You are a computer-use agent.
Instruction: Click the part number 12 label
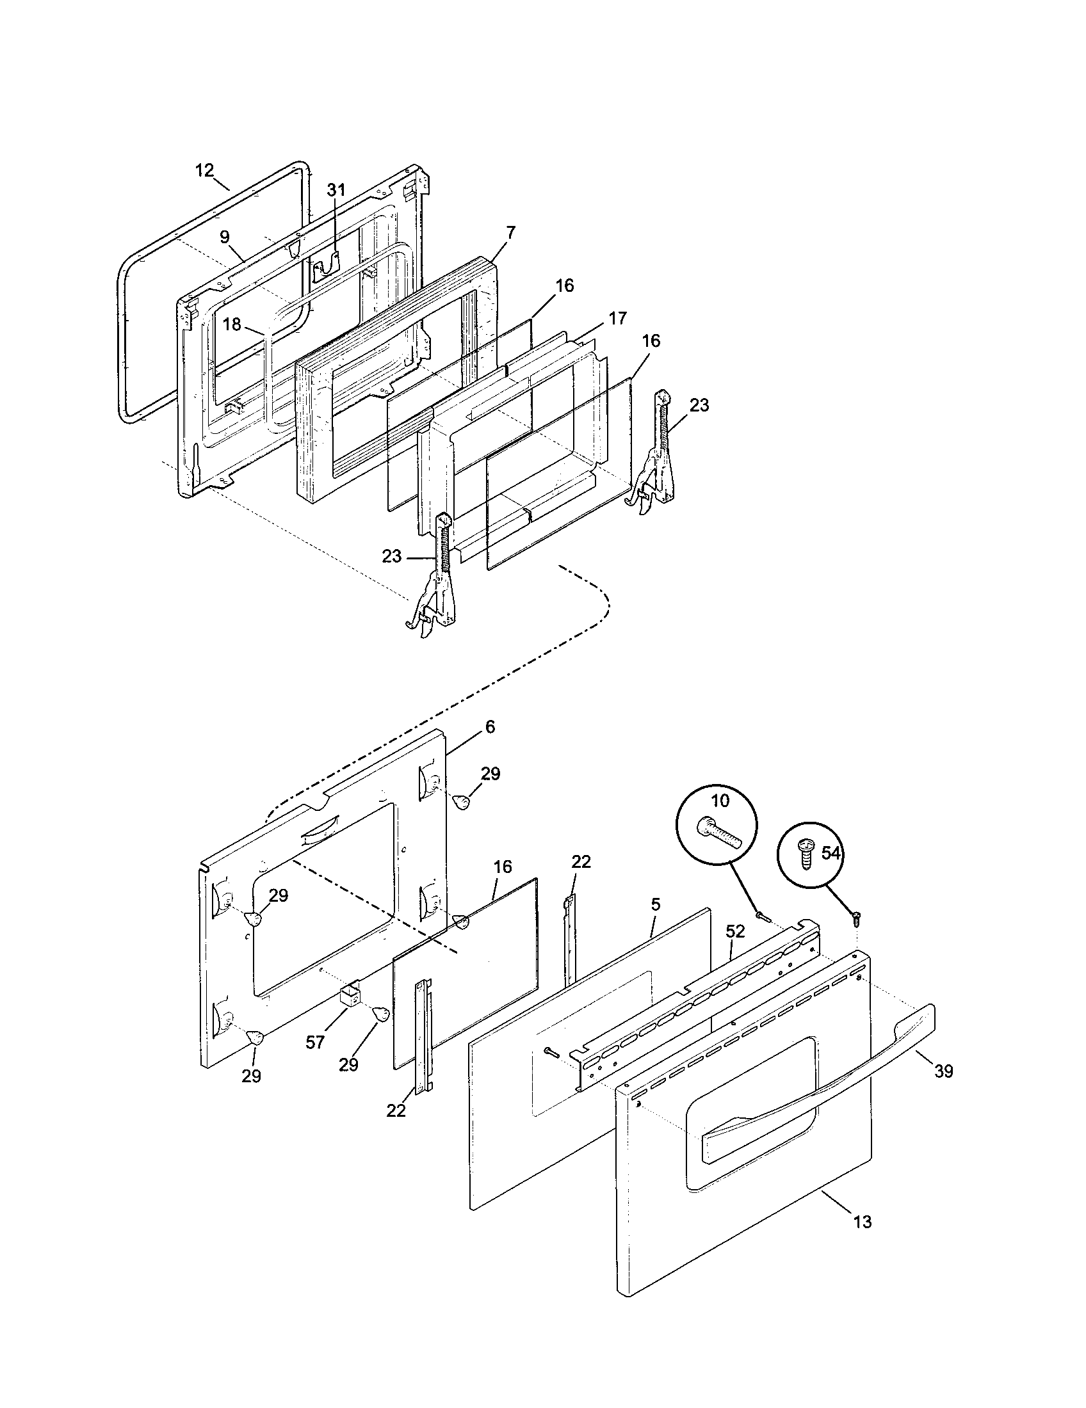click(204, 170)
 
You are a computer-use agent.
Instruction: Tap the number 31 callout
click(336, 189)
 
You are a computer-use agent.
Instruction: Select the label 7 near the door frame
click(511, 232)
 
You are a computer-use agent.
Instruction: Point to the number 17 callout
click(617, 319)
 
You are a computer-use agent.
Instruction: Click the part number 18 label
click(232, 324)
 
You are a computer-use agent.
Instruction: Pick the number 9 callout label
click(224, 237)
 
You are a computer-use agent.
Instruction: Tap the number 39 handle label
click(943, 1071)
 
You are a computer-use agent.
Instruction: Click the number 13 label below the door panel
click(863, 1221)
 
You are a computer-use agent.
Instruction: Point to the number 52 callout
click(735, 931)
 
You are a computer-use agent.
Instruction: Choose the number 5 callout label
click(656, 904)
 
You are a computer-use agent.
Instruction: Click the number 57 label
click(314, 1043)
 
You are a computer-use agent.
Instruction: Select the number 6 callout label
click(490, 726)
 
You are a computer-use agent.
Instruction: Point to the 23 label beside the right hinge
click(699, 405)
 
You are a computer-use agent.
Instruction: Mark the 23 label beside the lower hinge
click(391, 556)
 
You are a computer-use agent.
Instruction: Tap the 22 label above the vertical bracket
click(581, 862)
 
